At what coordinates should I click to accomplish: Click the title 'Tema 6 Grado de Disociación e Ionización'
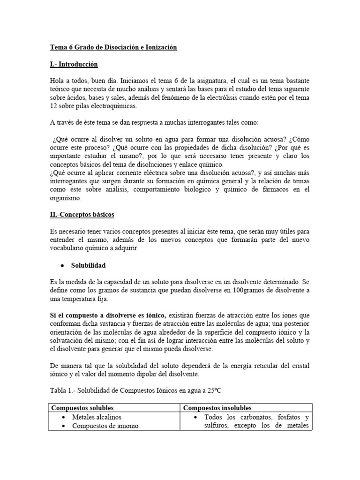(x=113, y=48)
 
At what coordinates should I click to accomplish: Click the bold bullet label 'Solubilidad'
(x=89, y=265)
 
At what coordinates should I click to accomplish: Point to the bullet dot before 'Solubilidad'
(x=62, y=265)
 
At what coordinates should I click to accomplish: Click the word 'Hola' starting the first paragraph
(x=57, y=81)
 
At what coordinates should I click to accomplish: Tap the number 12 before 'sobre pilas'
(x=53, y=106)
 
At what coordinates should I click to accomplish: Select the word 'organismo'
(x=65, y=198)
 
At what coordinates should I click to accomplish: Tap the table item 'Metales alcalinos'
(x=97, y=417)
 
